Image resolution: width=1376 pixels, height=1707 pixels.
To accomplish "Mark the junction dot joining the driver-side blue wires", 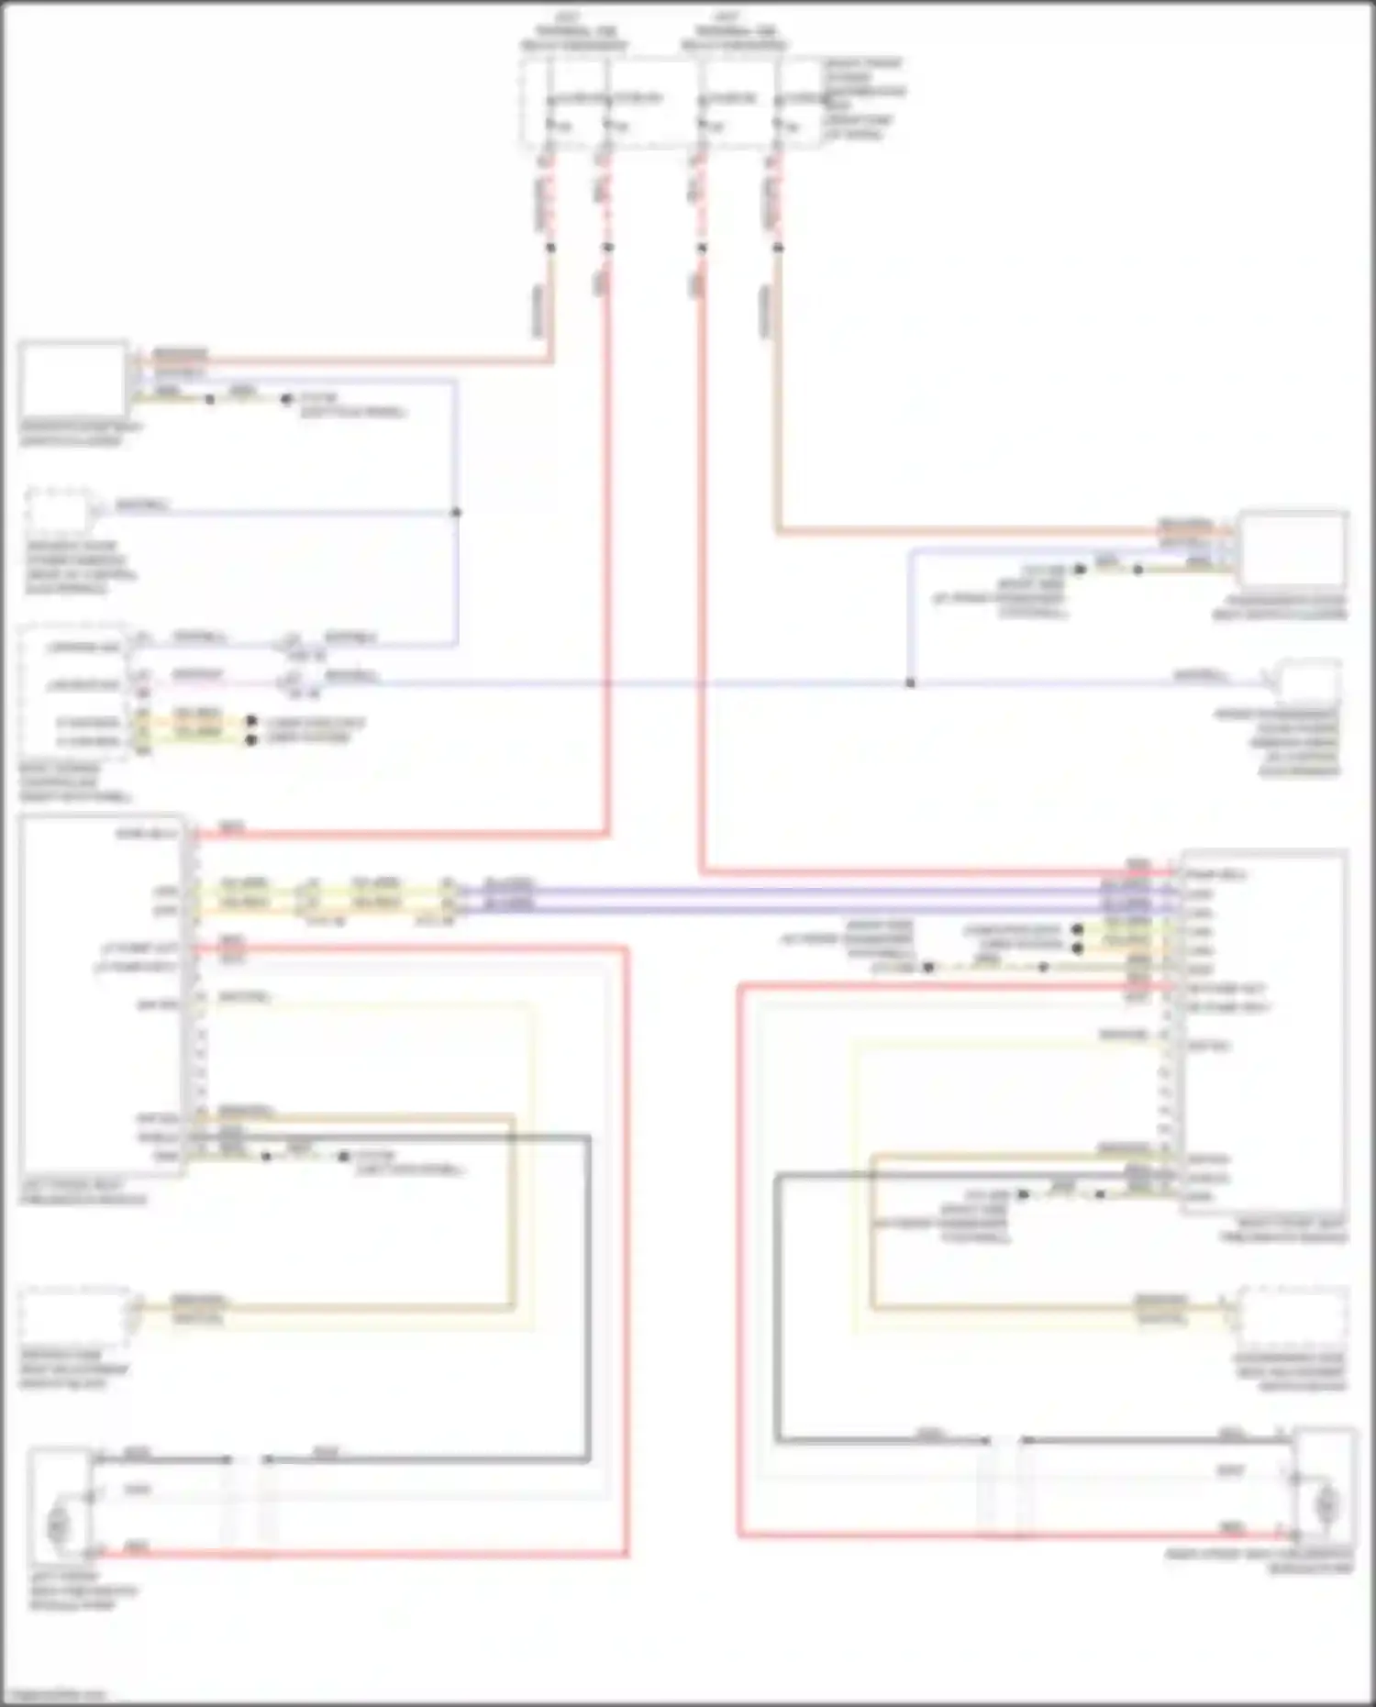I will click(x=456, y=512).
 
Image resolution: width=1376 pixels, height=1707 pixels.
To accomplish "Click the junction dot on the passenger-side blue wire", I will click(x=910, y=683).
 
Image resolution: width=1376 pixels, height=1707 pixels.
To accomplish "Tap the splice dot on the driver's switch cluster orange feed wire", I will click(x=550, y=248).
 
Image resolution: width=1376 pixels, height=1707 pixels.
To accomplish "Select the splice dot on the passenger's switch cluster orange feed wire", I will click(x=778, y=248).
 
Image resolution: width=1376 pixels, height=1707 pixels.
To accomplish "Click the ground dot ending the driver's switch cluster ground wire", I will click(x=286, y=399).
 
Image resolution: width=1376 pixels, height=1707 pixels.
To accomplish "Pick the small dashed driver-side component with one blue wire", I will click(x=57, y=510).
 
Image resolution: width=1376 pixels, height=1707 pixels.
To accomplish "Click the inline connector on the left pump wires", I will click(x=248, y=1504).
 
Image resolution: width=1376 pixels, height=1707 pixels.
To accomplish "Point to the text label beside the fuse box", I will click(x=862, y=99).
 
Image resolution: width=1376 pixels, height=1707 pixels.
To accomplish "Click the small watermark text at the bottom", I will click(x=55, y=1695).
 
